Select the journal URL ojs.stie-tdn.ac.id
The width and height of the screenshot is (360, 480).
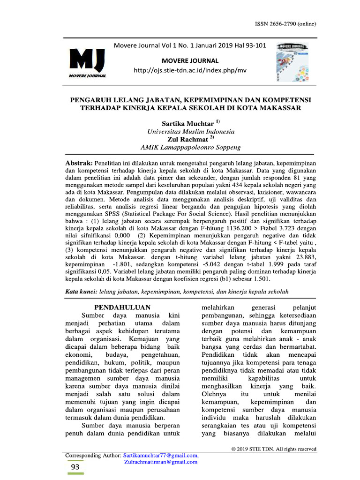pyautogui.click(x=190, y=70)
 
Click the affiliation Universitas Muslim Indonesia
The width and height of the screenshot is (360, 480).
pyautogui.click(x=191, y=132)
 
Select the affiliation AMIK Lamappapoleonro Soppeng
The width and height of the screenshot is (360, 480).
pyautogui.click(x=190, y=147)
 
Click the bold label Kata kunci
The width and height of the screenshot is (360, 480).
pyautogui.click(x=81, y=292)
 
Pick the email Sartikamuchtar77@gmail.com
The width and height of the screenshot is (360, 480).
pyautogui.click(x=161, y=455)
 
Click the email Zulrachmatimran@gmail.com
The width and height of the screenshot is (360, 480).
pyautogui.click(x=161, y=462)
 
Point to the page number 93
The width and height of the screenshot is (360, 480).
pyautogui.click(x=75, y=467)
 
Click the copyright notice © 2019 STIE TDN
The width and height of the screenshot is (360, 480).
pyautogui.click(x=274, y=449)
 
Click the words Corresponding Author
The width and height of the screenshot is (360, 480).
pyautogui.click(x=93, y=455)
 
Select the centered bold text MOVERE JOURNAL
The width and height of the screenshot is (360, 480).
pyautogui.click(x=190, y=60)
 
